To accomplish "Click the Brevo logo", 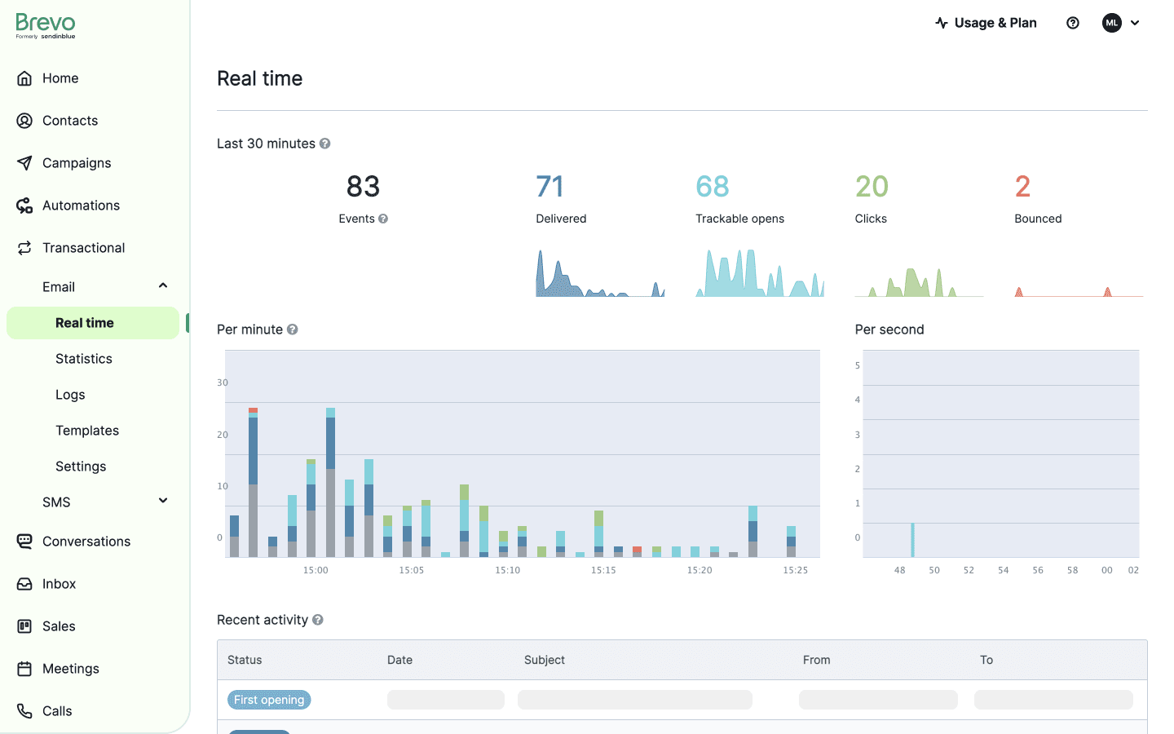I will [x=46, y=25].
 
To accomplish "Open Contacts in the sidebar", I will [x=70, y=121].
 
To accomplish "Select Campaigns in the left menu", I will [x=77, y=163].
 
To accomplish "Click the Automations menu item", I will [x=81, y=206].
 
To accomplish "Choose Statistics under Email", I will [x=84, y=359].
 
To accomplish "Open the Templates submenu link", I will [x=87, y=431].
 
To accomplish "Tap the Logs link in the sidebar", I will [x=70, y=395].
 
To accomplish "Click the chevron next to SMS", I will [x=163, y=501].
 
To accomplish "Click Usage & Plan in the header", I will [x=986, y=23].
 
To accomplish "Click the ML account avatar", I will [x=1111, y=23].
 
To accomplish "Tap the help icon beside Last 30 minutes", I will [x=324, y=144].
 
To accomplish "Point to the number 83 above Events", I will [x=363, y=187].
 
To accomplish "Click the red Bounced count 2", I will [x=1022, y=187].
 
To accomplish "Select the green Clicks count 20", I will [x=872, y=187].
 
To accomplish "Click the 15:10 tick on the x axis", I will [x=507, y=570].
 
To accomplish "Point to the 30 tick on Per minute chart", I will [x=223, y=382].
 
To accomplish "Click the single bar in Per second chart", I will [x=912, y=540].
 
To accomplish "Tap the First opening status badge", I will [x=269, y=700].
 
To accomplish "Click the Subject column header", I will [x=545, y=660].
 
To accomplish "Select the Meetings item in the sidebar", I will [x=71, y=669].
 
